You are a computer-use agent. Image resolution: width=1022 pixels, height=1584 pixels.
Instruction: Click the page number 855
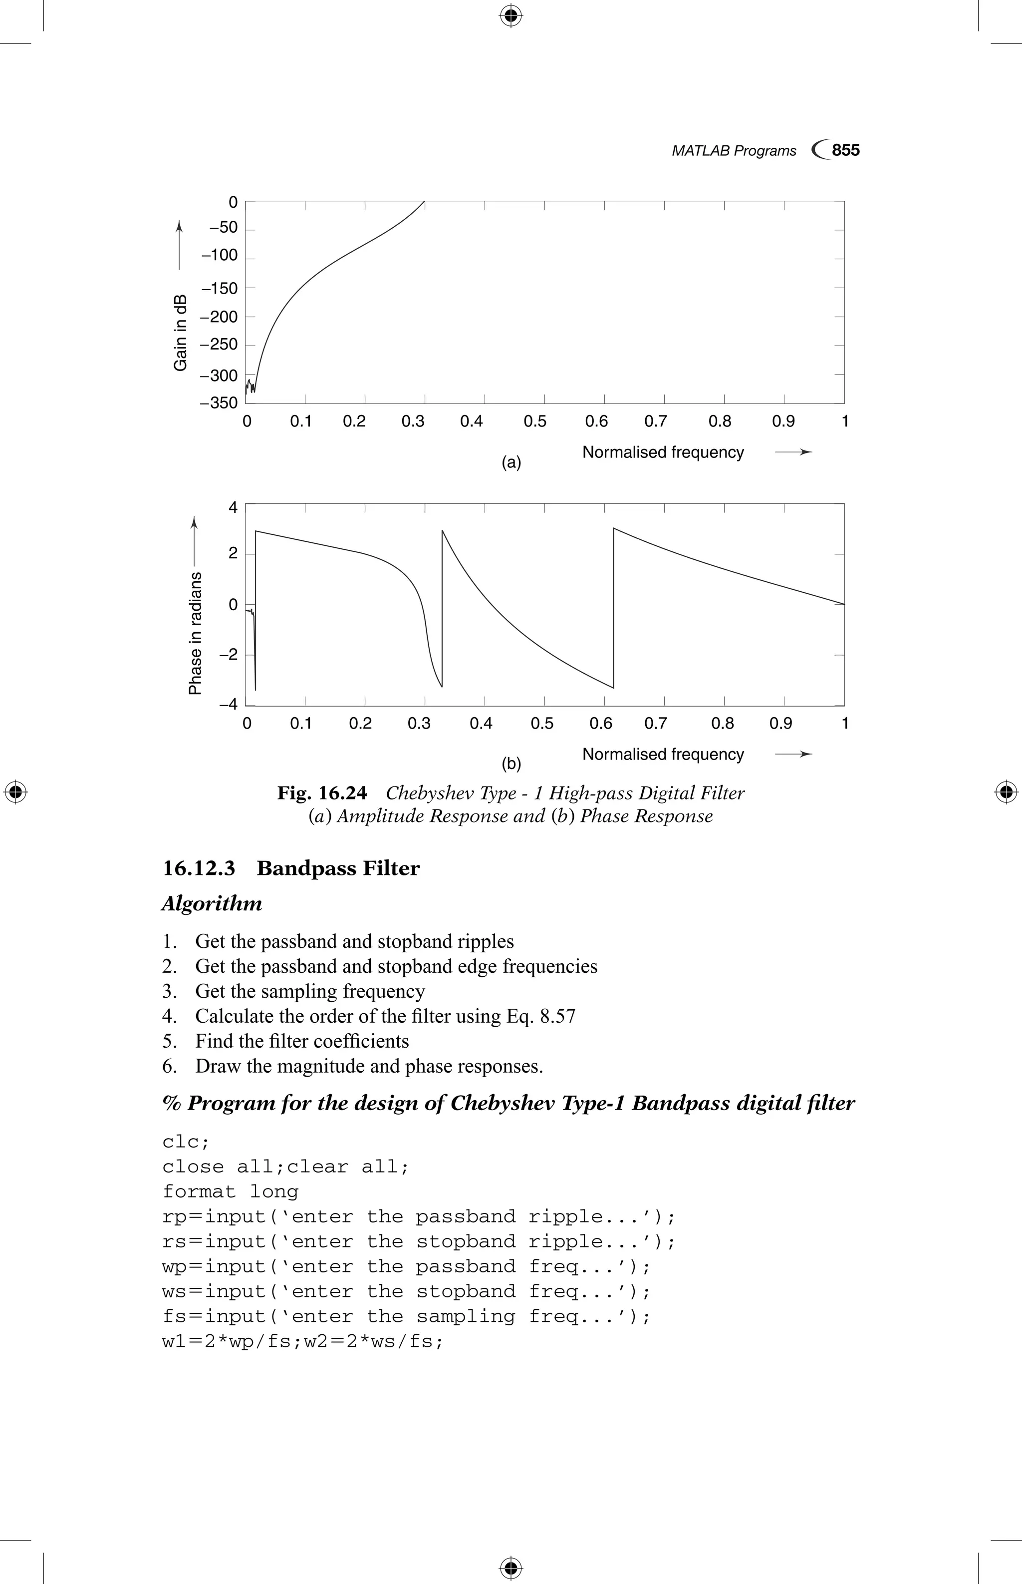coord(845,150)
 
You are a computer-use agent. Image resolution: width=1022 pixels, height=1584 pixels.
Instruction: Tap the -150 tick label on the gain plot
coord(219,288)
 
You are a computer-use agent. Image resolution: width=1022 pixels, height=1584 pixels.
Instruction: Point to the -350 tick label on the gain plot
coord(219,403)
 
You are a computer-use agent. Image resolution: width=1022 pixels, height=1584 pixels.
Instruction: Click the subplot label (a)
coord(511,462)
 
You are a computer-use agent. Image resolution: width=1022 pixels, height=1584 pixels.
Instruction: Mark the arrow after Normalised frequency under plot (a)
coord(794,452)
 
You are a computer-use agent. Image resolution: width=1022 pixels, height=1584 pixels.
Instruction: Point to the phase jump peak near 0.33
coord(443,531)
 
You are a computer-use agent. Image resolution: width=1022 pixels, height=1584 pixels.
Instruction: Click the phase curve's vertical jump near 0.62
coord(614,608)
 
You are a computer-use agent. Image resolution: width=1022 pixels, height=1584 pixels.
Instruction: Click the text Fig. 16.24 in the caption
coord(322,793)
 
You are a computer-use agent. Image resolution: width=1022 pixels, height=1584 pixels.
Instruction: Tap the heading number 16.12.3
coord(199,869)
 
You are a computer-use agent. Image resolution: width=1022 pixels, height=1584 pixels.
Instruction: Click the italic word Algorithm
coord(212,904)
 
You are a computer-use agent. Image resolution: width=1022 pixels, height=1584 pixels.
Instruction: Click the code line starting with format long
coord(230,1191)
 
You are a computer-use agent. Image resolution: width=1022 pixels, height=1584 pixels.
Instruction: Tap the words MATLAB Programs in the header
coord(734,151)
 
